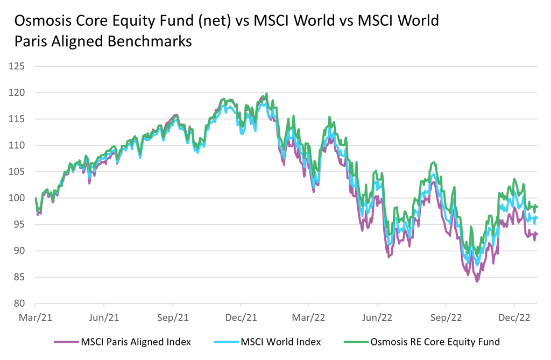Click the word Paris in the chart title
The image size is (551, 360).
tap(30, 41)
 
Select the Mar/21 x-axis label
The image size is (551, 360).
tap(36, 317)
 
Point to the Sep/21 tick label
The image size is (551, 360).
tap(173, 317)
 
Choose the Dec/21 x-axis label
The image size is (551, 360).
tap(241, 317)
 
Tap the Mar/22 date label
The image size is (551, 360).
tap(309, 317)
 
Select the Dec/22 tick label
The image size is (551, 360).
tap(514, 317)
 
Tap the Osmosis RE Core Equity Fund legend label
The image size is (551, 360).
tap(435, 342)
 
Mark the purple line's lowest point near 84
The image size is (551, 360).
tap(477, 281)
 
